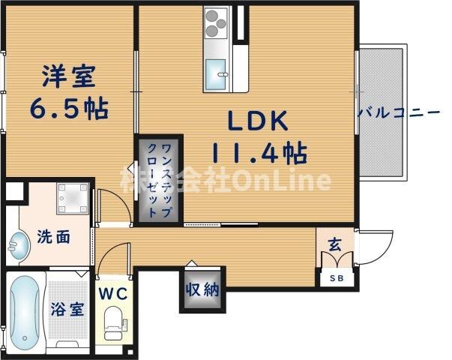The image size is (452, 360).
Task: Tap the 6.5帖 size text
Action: [69, 109]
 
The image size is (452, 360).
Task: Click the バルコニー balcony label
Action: [398, 113]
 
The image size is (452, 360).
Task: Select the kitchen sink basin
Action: [217, 73]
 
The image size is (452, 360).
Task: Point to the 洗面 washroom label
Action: [55, 238]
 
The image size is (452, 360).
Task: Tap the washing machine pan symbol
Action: [72, 196]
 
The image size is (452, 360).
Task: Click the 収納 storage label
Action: [201, 289]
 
